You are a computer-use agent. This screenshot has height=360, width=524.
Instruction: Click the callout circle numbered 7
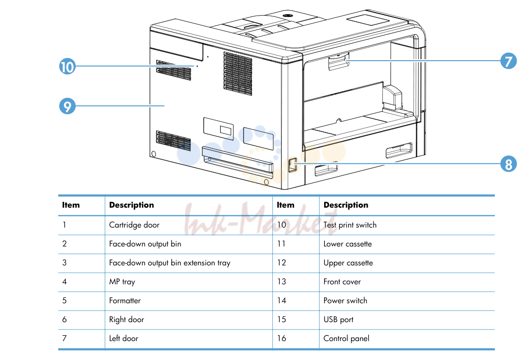point(508,61)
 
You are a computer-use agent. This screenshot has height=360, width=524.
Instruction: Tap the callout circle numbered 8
point(508,164)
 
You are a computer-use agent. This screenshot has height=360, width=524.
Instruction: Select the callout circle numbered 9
point(67,106)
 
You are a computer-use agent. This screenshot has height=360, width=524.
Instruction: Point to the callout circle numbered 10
point(67,66)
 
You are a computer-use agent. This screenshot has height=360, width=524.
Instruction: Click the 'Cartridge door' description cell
point(134,225)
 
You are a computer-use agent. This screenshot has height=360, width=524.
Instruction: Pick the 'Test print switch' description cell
point(350,225)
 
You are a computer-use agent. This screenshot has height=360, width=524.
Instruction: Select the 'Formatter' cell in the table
point(125,300)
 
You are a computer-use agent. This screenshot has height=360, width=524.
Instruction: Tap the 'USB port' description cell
point(338,320)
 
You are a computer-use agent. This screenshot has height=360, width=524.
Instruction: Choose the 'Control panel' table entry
point(346,338)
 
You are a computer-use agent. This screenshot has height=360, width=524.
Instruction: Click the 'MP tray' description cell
point(122,282)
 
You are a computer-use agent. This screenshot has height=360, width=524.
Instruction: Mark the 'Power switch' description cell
point(345,300)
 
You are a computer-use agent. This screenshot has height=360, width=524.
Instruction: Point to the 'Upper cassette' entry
point(348,263)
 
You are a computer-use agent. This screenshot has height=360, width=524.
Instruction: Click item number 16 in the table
point(281,338)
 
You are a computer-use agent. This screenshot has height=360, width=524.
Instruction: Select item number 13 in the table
point(281,281)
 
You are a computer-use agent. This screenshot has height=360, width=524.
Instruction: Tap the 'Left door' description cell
point(124,338)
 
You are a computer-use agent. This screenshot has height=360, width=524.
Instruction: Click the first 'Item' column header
point(71,205)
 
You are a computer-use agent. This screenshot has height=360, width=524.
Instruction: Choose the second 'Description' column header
point(346,205)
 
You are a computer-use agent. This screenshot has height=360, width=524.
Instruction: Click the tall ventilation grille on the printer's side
point(238,74)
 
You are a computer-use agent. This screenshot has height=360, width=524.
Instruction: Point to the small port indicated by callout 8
point(293,165)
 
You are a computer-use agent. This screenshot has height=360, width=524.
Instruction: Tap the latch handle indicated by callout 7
point(339,62)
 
